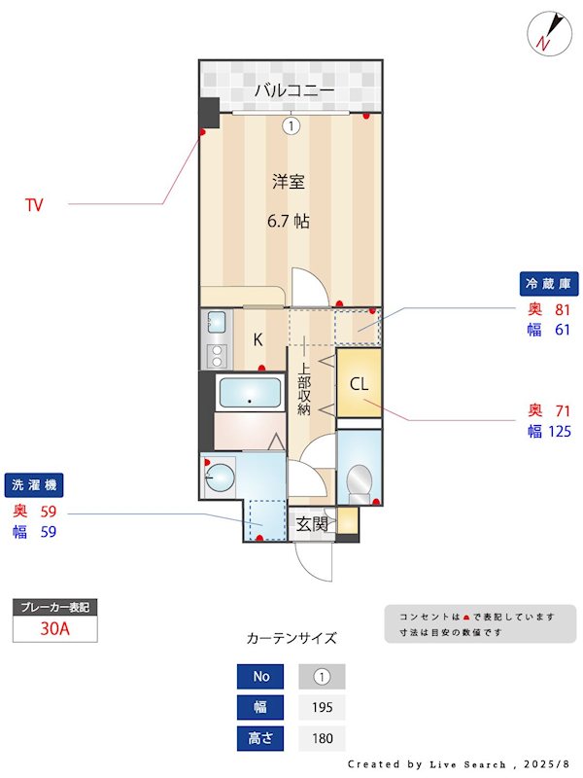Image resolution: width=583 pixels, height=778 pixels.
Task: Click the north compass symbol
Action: [x=546, y=34]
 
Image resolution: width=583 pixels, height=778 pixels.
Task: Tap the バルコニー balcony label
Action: [x=294, y=90]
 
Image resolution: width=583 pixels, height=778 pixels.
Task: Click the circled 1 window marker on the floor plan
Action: [x=291, y=124]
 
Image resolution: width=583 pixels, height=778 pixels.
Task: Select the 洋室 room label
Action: [x=289, y=181]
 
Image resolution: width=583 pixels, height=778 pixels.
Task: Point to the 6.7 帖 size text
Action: [x=289, y=221]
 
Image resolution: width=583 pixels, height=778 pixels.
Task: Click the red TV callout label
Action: [x=34, y=205]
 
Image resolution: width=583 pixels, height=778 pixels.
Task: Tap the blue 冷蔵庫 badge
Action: [x=549, y=284]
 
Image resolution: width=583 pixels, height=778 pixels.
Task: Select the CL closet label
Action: [x=359, y=384]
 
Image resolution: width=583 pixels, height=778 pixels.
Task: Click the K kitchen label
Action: [x=257, y=339]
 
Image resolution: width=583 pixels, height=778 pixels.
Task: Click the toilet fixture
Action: [x=359, y=479]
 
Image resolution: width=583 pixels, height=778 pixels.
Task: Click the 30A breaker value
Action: [x=54, y=628]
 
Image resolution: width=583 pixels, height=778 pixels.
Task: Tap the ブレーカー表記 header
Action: [x=54, y=607]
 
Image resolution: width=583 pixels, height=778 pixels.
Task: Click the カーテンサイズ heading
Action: [x=291, y=639]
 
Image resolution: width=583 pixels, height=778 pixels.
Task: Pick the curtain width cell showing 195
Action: [x=321, y=707]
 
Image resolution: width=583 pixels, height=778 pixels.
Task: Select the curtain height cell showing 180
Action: [x=321, y=738]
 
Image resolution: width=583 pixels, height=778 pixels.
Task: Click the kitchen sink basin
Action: [x=217, y=322]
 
